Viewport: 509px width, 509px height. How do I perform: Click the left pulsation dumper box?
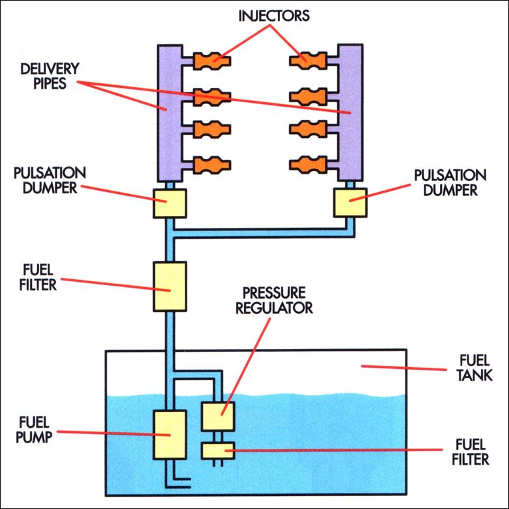171,203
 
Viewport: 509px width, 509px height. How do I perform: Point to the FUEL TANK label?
471,368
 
